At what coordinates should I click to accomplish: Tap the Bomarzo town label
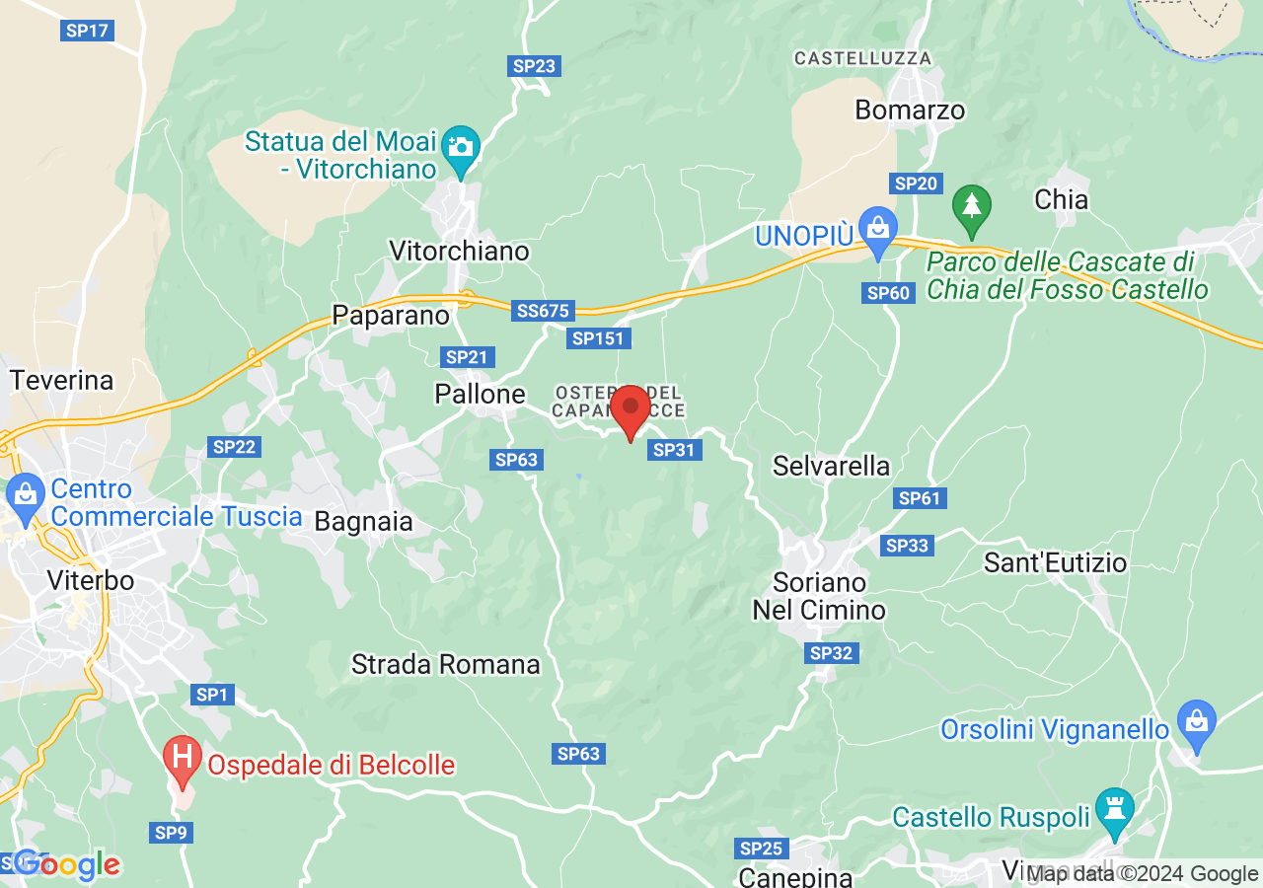pyautogui.click(x=910, y=110)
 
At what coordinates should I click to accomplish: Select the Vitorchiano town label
pyautogui.click(x=459, y=251)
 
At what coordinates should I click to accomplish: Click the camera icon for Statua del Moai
pyautogui.click(x=460, y=146)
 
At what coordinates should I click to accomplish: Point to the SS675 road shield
pyautogui.click(x=543, y=311)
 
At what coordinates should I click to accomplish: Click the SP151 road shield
pyautogui.click(x=599, y=338)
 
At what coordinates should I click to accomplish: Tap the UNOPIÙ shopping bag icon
pyautogui.click(x=876, y=226)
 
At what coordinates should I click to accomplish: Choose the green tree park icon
pyautogui.click(x=972, y=207)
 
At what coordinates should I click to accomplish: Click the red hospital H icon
pyautogui.click(x=182, y=758)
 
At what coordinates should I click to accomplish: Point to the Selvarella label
pyautogui.click(x=831, y=466)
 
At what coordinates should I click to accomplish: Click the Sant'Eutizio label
pyautogui.click(x=1055, y=562)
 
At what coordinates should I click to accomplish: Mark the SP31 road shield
pyautogui.click(x=673, y=450)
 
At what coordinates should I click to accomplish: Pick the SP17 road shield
pyautogui.click(x=87, y=31)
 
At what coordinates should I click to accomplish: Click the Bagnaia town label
pyautogui.click(x=363, y=521)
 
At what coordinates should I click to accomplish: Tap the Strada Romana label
pyautogui.click(x=445, y=664)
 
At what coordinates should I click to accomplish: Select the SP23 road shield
pyautogui.click(x=535, y=66)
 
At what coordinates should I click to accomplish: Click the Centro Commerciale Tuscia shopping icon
pyautogui.click(x=24, y=492)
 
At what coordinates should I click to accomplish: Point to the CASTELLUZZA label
pyautogui.click(x=862, y=59)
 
